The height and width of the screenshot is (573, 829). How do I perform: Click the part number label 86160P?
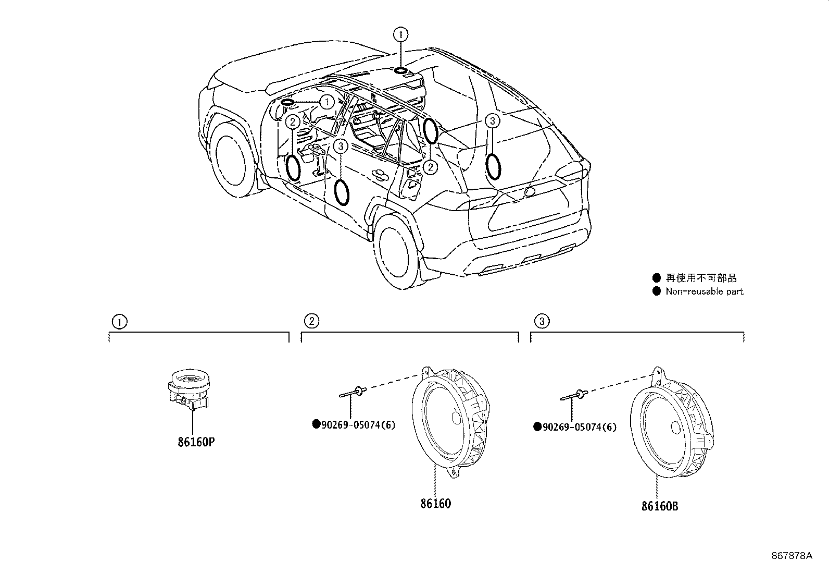[196, 442]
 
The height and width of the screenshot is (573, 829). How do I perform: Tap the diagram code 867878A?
[792, 556]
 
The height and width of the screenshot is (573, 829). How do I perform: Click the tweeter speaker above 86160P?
[189, 388]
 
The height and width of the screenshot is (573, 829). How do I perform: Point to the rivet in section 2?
[354, 391]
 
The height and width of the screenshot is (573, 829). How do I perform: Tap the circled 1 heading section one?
[119, 321]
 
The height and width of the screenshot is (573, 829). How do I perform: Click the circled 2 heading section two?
[311, 321]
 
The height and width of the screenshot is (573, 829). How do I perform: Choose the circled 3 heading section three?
[542, 321]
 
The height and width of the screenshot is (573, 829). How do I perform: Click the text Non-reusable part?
[704, 291]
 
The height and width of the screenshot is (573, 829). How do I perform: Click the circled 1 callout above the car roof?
[400, 34]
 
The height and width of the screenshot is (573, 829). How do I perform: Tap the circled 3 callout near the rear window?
[492, 121]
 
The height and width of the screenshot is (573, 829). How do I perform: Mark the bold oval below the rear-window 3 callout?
[493, 166]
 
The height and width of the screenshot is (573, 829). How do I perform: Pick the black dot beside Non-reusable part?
[657, 291]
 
